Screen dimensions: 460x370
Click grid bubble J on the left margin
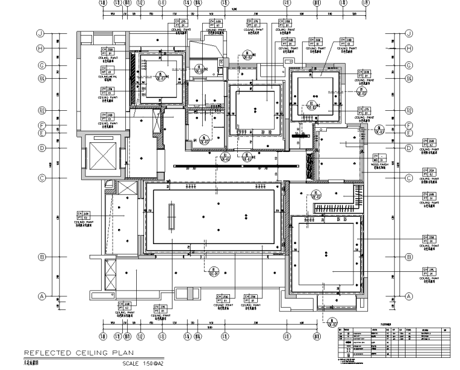pyautogui.click(x=42, y=34)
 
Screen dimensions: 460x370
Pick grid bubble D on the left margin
pyautogui.click(x=42, y=148)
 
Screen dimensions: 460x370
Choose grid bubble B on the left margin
pyautogui.click(x=42, y=257)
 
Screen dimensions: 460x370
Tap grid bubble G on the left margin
pyautogui.click(x=42, y=65)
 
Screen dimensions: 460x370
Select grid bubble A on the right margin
pyautogui.click(x=409, y=296)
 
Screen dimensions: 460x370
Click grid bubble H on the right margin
pyautogui.click(x=409, y=48)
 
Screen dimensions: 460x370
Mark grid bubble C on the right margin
pyautogui.click(x=409, y=178)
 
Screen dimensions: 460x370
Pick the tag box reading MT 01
pyautogui.click(x=108, y=70)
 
